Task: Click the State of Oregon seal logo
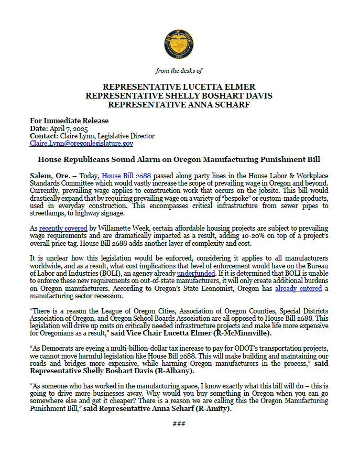pos(179,44)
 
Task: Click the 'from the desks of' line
pos(179,71)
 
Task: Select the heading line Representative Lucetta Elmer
pos(179,86)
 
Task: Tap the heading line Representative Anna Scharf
pos(179,104)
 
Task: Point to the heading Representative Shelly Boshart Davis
pos(179,95)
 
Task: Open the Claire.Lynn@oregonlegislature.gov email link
pos(81,143)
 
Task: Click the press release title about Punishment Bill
pos(179,159)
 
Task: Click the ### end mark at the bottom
pos(179,423)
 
